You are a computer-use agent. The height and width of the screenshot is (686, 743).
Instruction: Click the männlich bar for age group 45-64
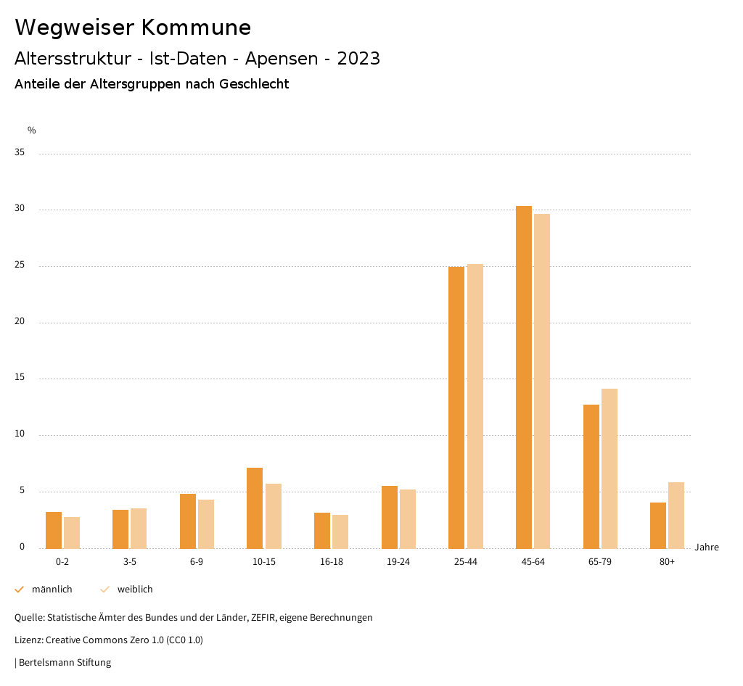[524, 377]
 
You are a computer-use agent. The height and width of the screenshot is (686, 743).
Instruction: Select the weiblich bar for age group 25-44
[475, 406]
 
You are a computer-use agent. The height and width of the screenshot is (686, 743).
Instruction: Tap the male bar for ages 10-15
[255, 508]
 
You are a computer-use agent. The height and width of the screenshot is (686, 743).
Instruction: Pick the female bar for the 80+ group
[676, 516]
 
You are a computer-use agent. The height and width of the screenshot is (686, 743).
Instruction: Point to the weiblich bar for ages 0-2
[72, 533]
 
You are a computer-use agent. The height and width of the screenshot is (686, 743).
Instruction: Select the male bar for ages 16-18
[322, 531]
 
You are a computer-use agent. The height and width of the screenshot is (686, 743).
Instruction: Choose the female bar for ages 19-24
[408, 519]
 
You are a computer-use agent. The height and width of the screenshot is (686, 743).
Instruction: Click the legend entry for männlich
[44, 590]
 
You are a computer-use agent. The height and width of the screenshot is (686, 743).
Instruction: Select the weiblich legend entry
[127, 590]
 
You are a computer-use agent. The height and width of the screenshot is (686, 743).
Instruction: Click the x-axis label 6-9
[197, 563]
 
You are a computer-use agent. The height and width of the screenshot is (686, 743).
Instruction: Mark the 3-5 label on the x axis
[130, 563]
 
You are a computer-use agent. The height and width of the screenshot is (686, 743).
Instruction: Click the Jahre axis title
[707, 547]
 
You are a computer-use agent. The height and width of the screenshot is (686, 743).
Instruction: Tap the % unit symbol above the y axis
[31, 131]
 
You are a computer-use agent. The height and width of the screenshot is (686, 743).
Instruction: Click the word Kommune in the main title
[196, 28]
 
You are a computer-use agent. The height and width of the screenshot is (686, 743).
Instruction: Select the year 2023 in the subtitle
[358, 59]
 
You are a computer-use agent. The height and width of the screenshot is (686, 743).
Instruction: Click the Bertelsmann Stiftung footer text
[65, 663]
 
